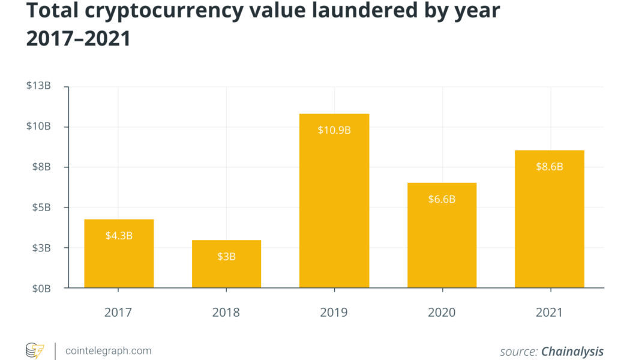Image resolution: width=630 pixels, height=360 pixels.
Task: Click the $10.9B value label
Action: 334,130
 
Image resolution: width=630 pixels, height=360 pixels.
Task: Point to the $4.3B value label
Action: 119,235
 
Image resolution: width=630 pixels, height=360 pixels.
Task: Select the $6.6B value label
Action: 442,199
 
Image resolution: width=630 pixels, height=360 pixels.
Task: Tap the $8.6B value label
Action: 549,166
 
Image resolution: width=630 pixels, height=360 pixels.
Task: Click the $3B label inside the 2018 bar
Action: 226,256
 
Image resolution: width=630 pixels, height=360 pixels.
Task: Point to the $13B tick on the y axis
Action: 38,86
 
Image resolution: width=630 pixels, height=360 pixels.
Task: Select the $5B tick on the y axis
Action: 41,208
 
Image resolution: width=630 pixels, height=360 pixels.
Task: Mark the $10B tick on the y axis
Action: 38,127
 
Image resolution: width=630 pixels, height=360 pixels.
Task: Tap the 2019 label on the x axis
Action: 334,312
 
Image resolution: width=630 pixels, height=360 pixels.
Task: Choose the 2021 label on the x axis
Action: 549,312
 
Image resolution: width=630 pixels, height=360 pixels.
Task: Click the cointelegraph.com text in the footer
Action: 107,350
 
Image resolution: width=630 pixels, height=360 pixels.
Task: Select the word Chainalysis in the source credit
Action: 572,351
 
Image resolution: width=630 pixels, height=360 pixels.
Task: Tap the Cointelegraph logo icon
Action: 35,350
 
